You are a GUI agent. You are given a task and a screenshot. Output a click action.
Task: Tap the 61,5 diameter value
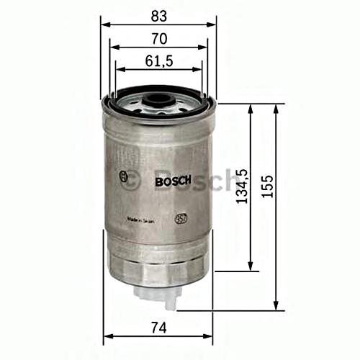[160, 63]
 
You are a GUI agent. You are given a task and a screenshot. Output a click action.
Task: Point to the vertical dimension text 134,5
[242, 188]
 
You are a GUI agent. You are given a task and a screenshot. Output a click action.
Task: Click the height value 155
[268, 188]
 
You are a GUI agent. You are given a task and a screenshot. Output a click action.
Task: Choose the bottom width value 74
[160, 328]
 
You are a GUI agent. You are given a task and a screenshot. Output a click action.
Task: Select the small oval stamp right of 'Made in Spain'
[181, 215]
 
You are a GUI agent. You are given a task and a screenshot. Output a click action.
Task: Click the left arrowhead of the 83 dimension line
[104, 22]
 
